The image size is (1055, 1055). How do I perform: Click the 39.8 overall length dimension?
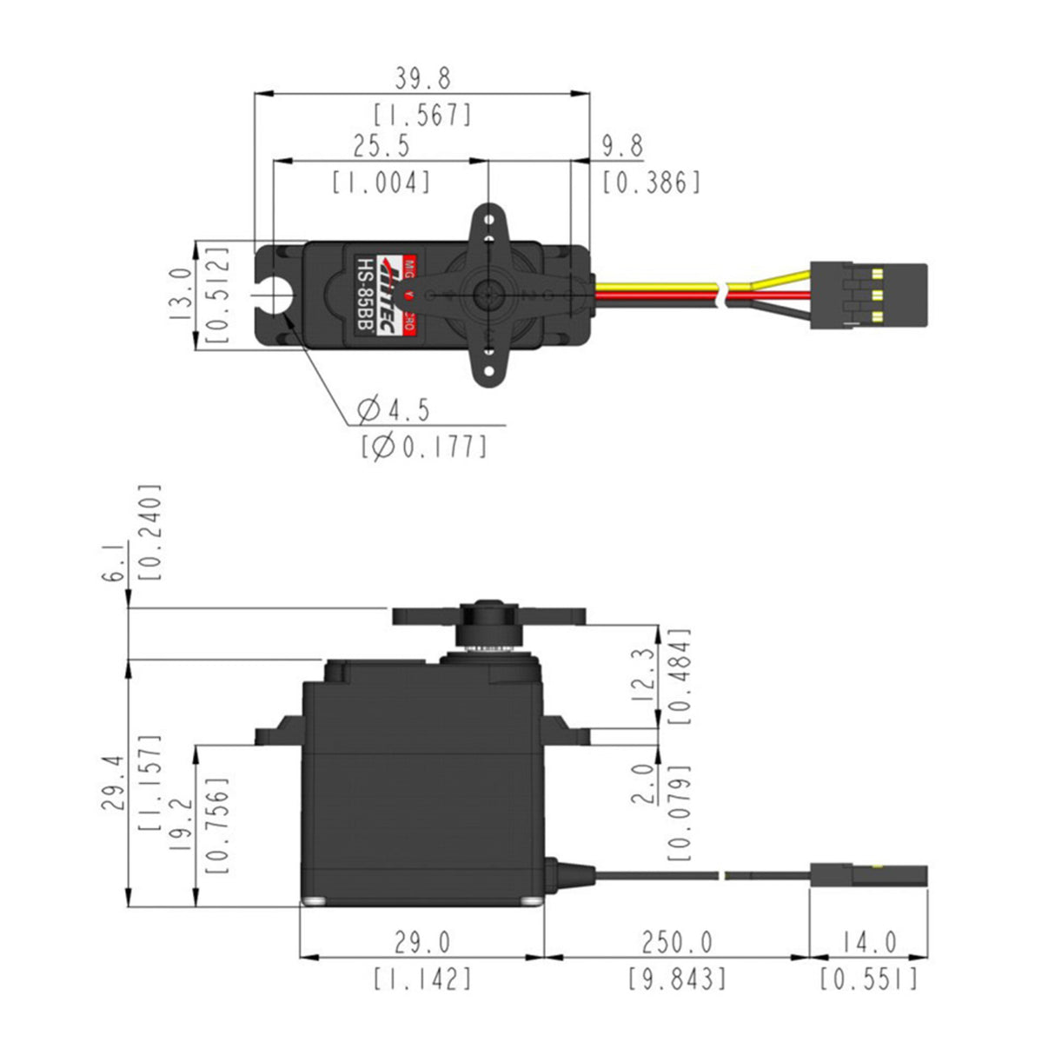(423, 79)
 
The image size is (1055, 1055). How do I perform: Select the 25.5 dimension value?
(381, 146)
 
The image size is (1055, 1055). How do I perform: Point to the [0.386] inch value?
(651, 182)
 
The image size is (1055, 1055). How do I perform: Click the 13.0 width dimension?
(180, 295)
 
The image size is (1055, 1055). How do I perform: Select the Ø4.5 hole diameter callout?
(394, 408)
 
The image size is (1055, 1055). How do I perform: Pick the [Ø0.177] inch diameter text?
(423, 446)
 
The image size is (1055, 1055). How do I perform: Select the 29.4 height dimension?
(114, 782)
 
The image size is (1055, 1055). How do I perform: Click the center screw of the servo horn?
(488, 295)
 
